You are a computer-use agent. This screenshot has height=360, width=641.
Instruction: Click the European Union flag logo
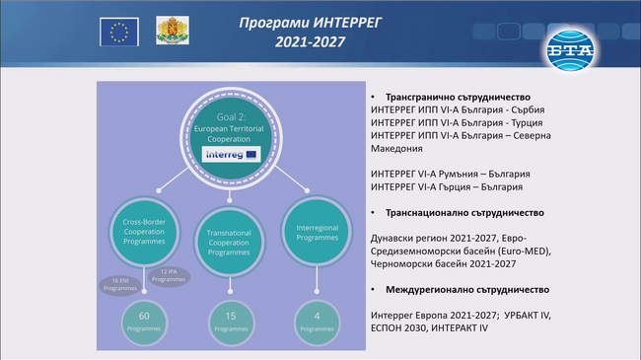tap(120, 33)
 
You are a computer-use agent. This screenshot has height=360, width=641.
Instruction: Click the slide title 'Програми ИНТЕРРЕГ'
tap(321, 21)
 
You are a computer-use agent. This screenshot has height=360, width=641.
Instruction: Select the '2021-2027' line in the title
tap(321, 42)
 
